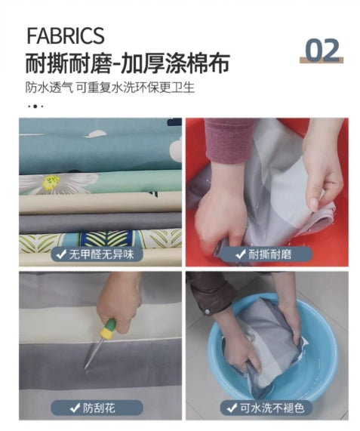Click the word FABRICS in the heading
66,35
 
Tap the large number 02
322,50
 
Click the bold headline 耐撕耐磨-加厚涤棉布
128,63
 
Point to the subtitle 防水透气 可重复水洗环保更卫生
110,87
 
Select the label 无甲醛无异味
97,254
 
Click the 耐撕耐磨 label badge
266,254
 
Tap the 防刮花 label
97,408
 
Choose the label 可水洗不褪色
266,408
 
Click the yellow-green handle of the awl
108,329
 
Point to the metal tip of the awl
86,368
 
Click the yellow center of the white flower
51,181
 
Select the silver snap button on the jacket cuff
207,312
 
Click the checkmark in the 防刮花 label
75,408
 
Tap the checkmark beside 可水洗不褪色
232,408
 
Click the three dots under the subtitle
35,106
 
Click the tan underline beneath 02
322,60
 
